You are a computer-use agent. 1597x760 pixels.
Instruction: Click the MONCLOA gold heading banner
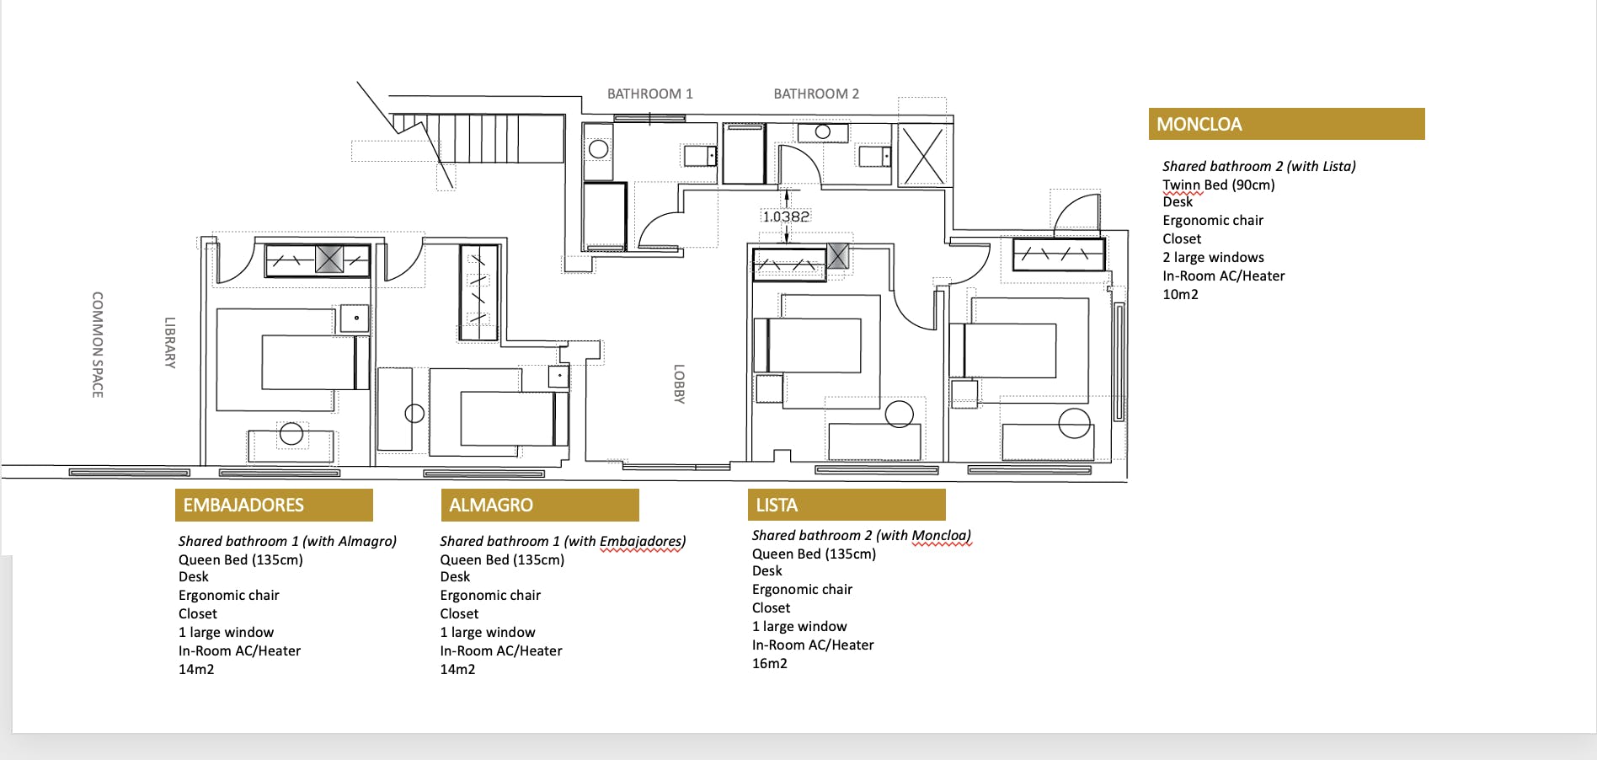click(x=1286, y=124)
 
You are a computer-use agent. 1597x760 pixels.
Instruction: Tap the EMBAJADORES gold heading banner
click(x=274, y=505)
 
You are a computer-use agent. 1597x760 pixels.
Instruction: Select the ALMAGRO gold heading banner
click(x=539, y=505)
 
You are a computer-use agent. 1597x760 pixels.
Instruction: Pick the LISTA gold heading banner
click(x=846, y=505)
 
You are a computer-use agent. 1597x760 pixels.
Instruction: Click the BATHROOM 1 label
click(x=649, y=94)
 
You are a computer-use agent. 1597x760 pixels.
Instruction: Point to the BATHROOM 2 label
click(x=816, y=94)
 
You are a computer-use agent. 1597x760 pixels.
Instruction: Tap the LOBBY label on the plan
click(x=679, y=384)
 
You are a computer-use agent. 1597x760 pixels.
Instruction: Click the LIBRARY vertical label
click(x=170, y=343)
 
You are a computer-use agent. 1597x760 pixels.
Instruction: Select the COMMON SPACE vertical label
click(x=98, y=345)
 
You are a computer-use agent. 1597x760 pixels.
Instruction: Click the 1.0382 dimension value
click(x=786, y=217)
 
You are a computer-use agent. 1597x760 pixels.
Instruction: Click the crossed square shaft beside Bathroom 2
click(x=924, y=155)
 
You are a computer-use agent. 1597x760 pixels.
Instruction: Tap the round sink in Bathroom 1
click(x=598, y=149)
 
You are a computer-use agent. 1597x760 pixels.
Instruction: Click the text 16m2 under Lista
click(x=770, y=663)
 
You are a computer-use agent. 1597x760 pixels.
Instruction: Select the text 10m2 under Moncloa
click(x=1180, y=294)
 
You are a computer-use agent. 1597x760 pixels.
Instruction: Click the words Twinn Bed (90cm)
click(x=1219, y=185)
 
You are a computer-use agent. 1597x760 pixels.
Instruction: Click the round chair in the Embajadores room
click(x=291, y=433)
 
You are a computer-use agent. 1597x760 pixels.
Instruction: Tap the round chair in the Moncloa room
click(x=1074, y=423)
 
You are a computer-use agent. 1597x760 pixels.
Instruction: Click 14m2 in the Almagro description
click(x=457, y=669)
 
